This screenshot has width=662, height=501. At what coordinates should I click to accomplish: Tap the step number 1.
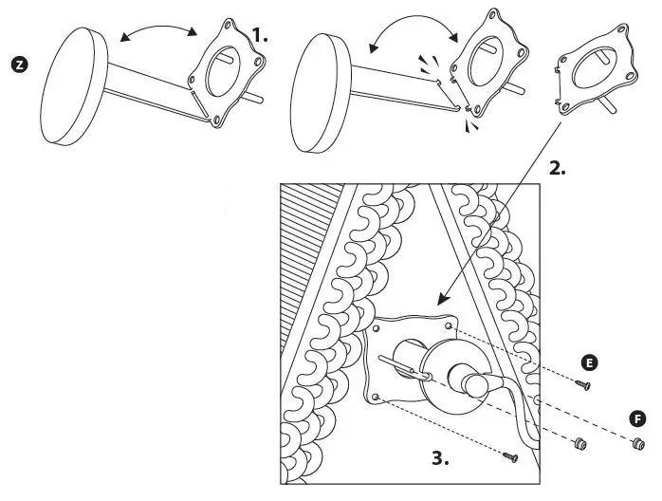pyautogui.click(x=260, y=37)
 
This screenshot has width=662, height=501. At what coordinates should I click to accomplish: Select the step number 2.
pyautogui.click(x=558, y=170)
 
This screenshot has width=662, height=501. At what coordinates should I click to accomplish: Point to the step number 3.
pyautogui.click(x=439, y=457)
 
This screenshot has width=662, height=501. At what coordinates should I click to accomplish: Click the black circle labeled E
pyautogui.click(x=590, y=363)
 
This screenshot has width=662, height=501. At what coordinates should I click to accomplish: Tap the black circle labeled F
pyautogui.click(x=638, y=418)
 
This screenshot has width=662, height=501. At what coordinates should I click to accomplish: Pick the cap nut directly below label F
pyautogui.click(x=637, y=443)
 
